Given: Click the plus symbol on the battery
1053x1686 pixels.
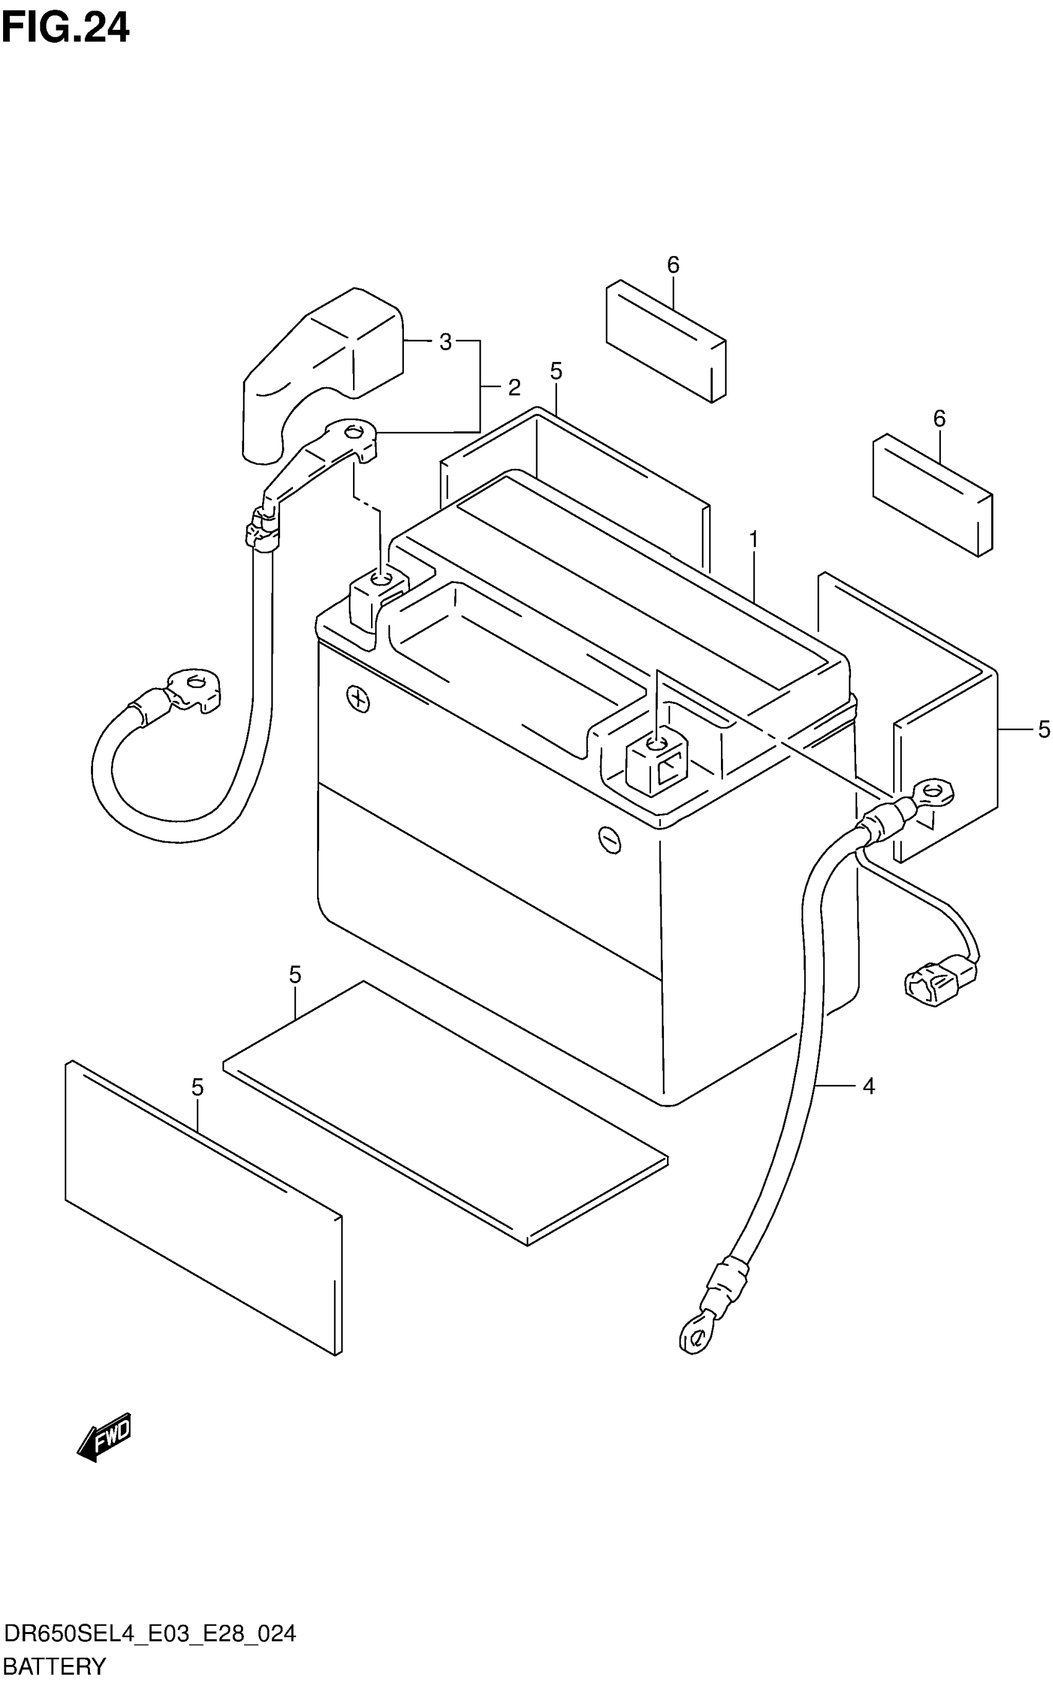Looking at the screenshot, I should [x=358, y=699].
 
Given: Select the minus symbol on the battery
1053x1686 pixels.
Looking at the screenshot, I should [x=610, y=840].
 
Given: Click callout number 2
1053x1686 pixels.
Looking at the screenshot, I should [x=514, y=387].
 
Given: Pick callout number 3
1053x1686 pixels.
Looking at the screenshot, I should [x=445, y=342].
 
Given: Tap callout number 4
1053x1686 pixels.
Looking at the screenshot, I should [x=868, y=1086].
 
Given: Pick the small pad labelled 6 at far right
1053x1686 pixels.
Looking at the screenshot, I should [x=933, y=494].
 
